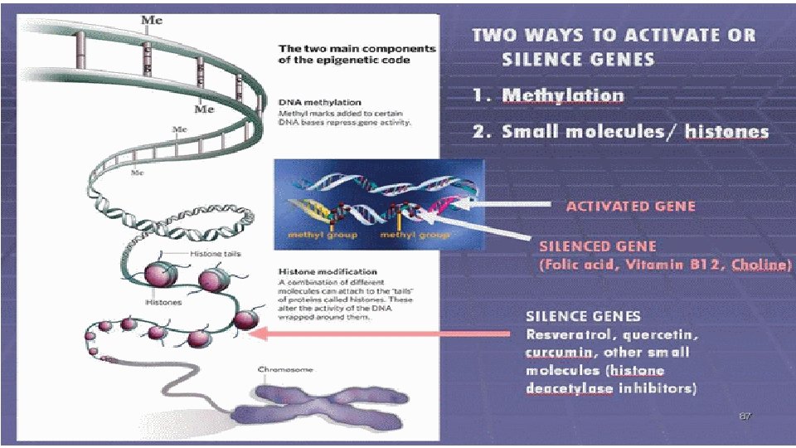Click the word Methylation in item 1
(563, 95)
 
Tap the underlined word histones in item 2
(726, 132)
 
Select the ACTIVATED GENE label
(631, 206)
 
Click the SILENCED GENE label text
(598, 246)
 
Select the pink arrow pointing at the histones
(381, 334)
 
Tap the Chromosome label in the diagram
(285, 369)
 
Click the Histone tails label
(216, 253)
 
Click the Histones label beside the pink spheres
(163, 303)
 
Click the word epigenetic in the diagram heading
(348, 61)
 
